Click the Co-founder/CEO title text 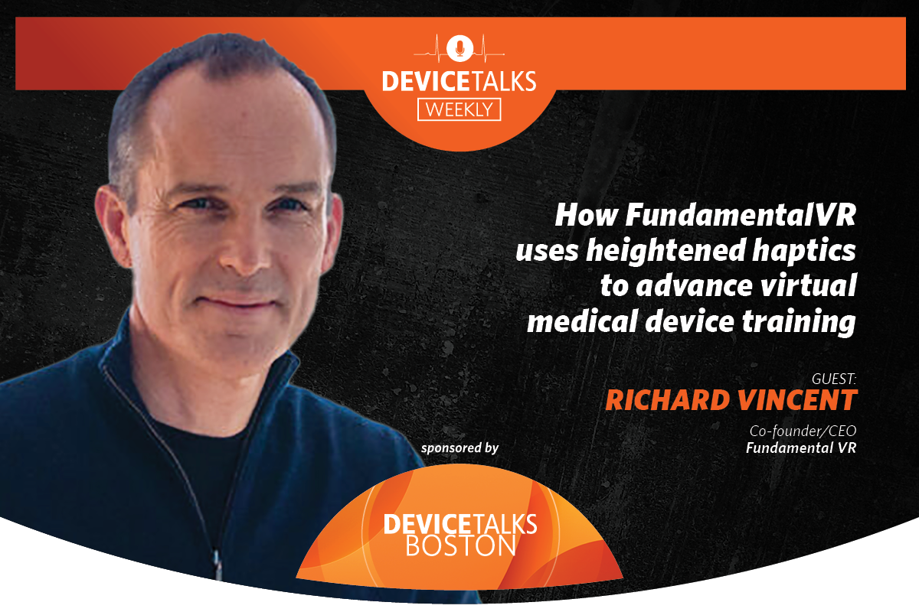[x=803, y=431]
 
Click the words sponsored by [x=459, y=448]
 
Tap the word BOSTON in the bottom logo [x=459, y=545]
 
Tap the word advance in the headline [x=685, y=287]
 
